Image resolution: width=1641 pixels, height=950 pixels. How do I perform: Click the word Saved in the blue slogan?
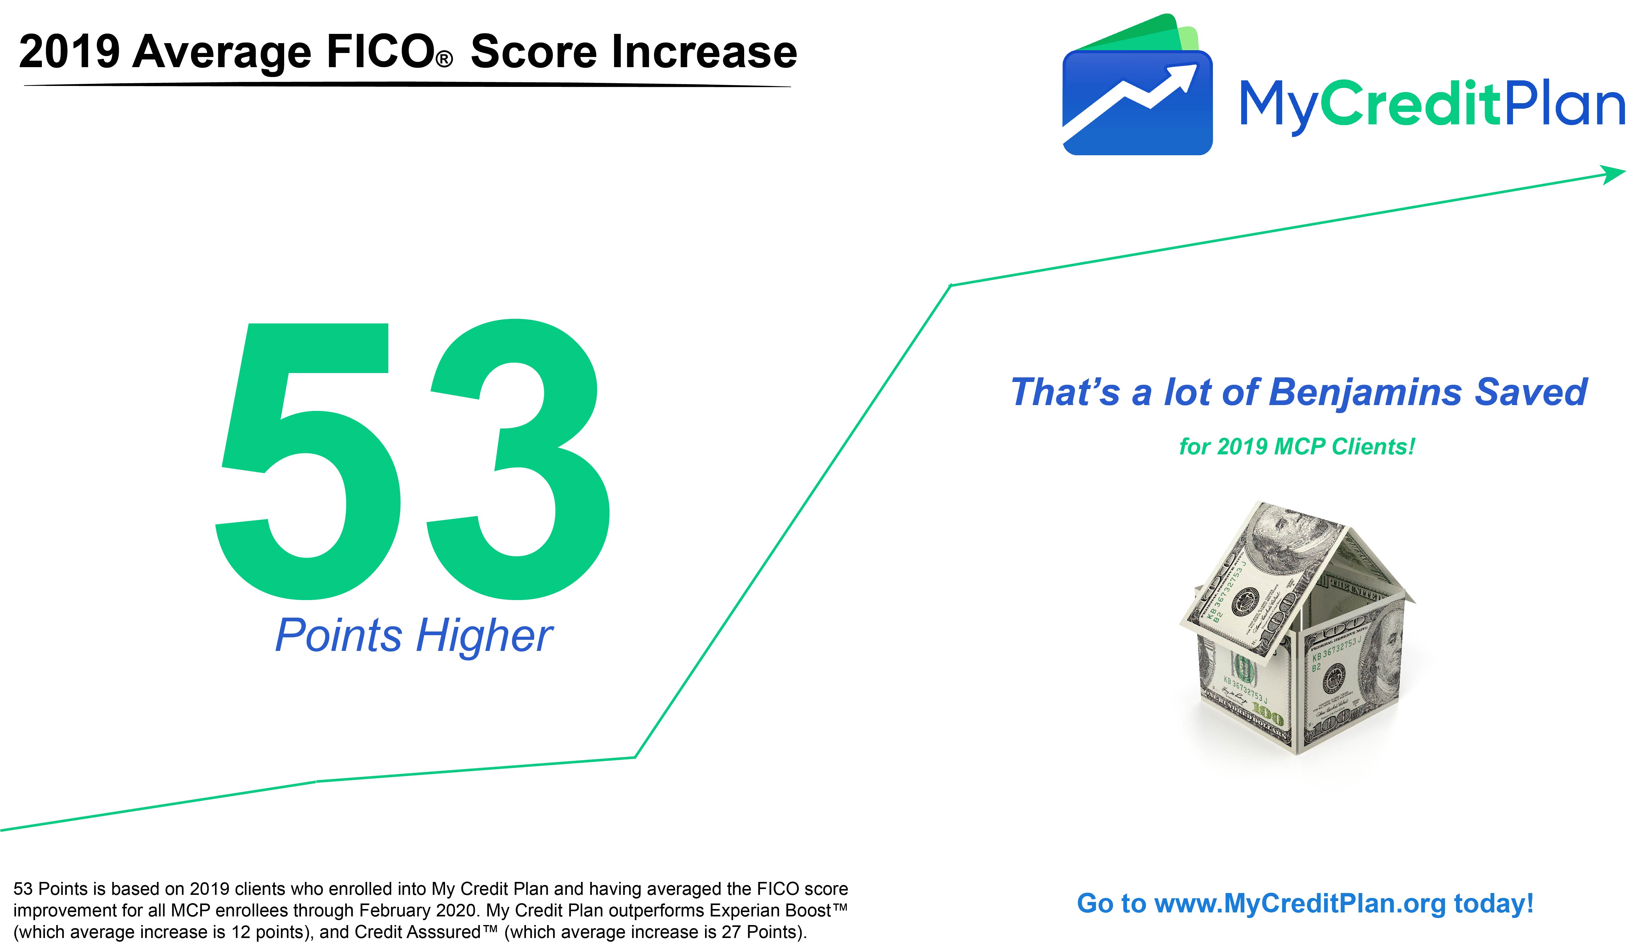click(x=1530, y=392)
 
